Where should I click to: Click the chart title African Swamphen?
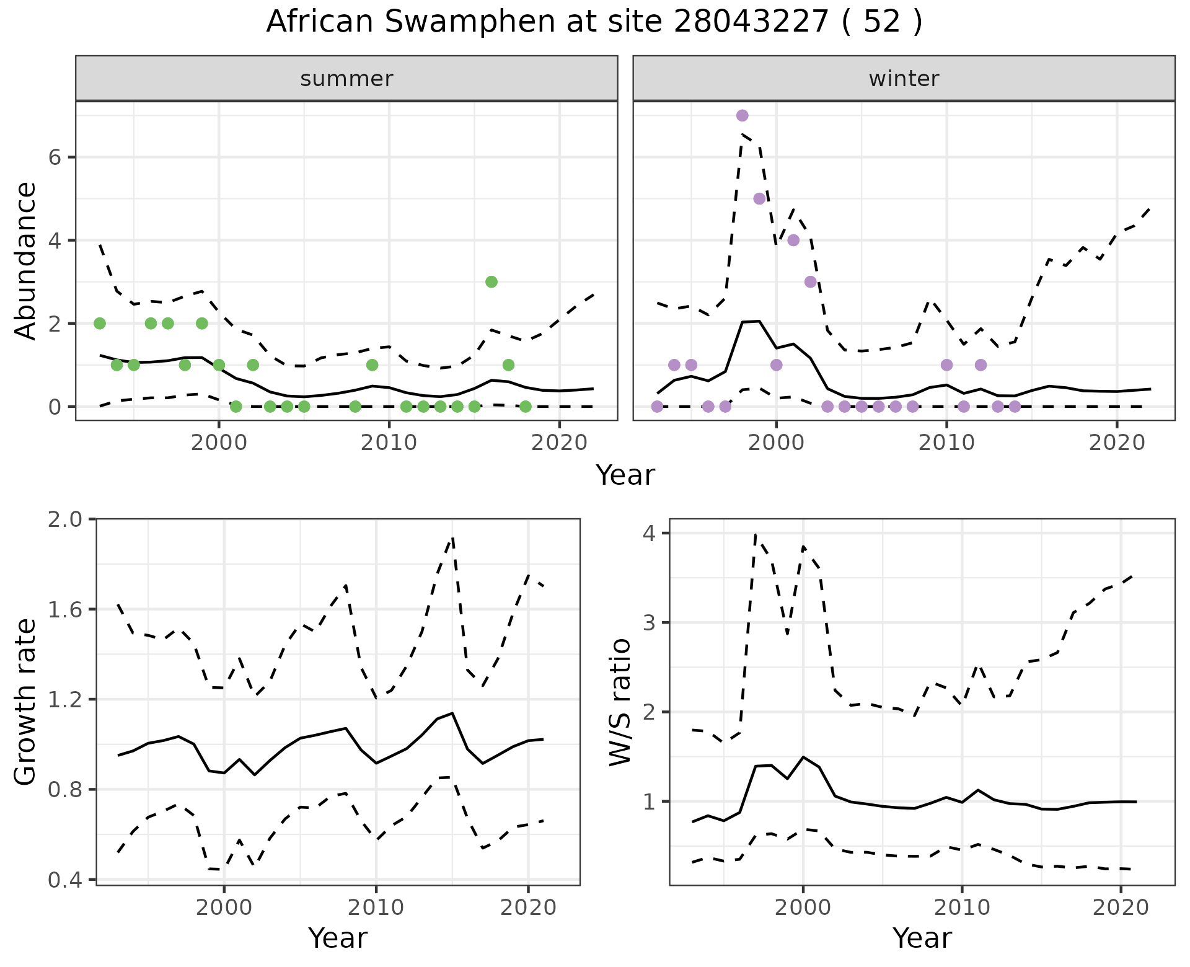tap(594, 22)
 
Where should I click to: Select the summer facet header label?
tap(346, 79)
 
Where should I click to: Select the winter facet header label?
tap(904, 79)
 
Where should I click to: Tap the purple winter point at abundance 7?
tap(742, 115)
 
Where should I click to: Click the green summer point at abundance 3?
tap(491, 282)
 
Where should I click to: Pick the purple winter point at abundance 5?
tap(759, 198)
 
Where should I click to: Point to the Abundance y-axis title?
tap(25, 260)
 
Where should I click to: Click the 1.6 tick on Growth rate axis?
tap(65, 609)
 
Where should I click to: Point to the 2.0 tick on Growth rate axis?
tap(65, 519)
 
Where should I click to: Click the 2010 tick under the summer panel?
tap(389, 443)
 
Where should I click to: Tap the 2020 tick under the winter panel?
tap(1117, 443)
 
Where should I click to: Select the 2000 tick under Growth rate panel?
tap(224, 907)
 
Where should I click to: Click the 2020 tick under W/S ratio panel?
tap(1121, 907)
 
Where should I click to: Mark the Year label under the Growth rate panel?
tap(338, 938)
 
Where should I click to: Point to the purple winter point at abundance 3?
tap(810, 282)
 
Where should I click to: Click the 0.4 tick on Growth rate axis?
tap(65, 880)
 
